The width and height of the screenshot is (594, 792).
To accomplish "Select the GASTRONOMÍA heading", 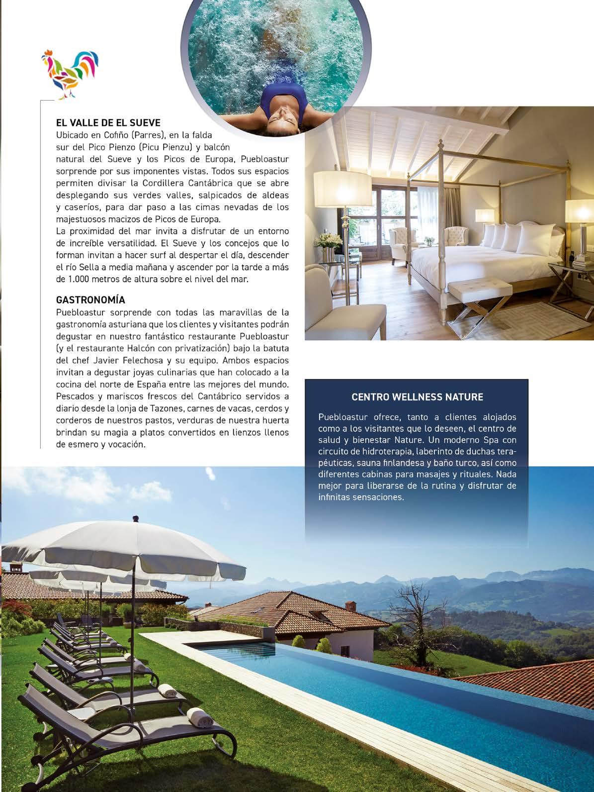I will pyautogui.click(x=90, y=300).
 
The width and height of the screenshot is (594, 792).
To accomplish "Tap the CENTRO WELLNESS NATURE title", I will pyautogui.click(x=417, y=397).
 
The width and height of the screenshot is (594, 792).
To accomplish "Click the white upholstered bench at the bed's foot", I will pyautogui.click(x=480, y=288).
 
